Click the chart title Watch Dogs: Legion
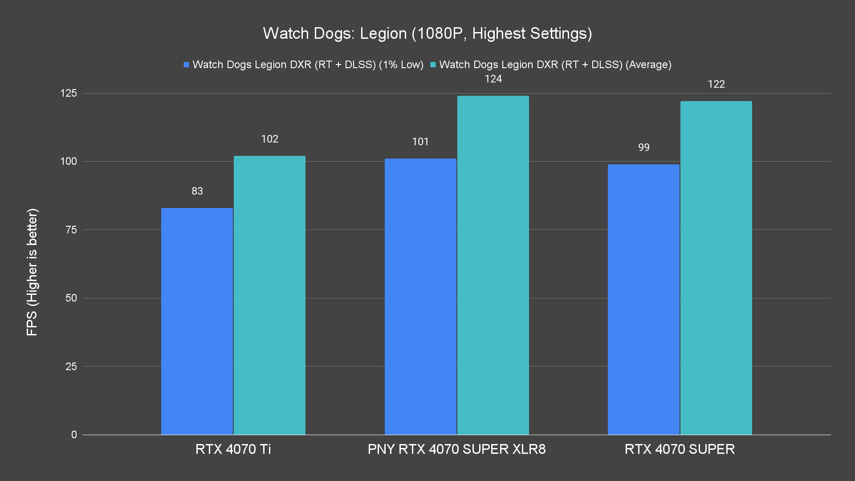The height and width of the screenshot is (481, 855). (427, 33)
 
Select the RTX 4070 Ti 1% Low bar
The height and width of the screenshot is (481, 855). (197, 321)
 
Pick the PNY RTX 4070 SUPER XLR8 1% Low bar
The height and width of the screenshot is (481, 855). (420, 296)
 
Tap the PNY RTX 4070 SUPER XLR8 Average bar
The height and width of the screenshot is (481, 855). (493, 265)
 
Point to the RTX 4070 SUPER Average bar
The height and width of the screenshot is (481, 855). (716, 267)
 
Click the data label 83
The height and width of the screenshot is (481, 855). (197, 191)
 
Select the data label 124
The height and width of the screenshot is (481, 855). (493, 79)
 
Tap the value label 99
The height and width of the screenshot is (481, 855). (643, 147)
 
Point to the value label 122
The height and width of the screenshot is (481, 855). (716, 84)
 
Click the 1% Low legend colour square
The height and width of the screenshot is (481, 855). (187, 65)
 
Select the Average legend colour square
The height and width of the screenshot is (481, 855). (433, 65)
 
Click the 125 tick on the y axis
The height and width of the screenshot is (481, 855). (69, 93)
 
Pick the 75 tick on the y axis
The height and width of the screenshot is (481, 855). (71, 230)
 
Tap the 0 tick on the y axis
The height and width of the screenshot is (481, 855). (74, 435)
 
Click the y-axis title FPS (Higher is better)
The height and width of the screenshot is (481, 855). (32, 272)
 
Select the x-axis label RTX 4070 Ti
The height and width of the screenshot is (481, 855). (233, 449)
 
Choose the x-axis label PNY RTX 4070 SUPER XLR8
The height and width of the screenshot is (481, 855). (456, 449)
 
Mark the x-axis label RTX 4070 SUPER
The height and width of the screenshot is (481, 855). (680, 449)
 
